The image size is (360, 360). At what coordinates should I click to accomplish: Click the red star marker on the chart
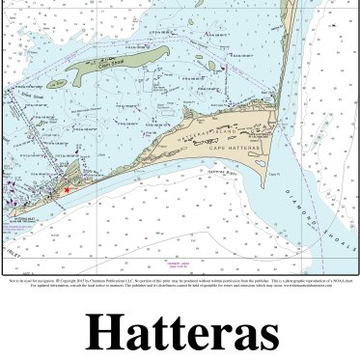(67, 190)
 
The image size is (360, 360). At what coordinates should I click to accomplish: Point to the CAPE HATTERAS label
(232, 151)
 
